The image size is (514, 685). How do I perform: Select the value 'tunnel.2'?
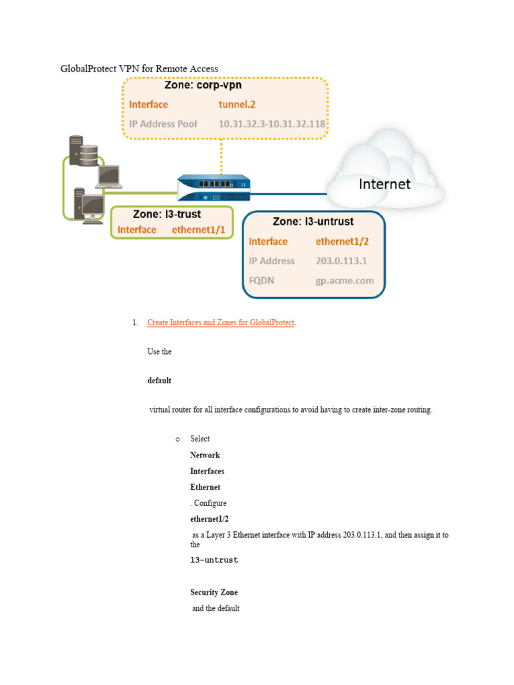(x=237, y=104)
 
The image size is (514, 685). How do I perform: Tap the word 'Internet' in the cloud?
(x=384, y=183)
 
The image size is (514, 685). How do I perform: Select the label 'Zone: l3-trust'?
(x=167, y=215)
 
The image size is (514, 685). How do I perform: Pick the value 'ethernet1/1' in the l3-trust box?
(x=199, y=229)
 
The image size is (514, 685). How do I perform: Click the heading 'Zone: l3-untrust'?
(x=313, y=221)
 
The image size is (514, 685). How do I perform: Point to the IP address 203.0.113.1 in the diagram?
(x=341, y=261)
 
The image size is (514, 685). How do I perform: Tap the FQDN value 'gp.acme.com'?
(x=345, y=281)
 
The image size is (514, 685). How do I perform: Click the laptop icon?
(x=109, y=175)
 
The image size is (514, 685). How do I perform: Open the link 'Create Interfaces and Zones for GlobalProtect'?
(x=221, y=322)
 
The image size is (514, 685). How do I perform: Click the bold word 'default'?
(x=159, y=381)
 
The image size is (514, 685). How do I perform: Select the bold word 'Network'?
(x=205, y=455)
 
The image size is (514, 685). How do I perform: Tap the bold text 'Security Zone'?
(x=213, y=592)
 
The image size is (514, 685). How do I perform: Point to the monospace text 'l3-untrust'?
(x=214, y=560)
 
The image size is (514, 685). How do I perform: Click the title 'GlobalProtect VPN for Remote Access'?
(x=139, y=68)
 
